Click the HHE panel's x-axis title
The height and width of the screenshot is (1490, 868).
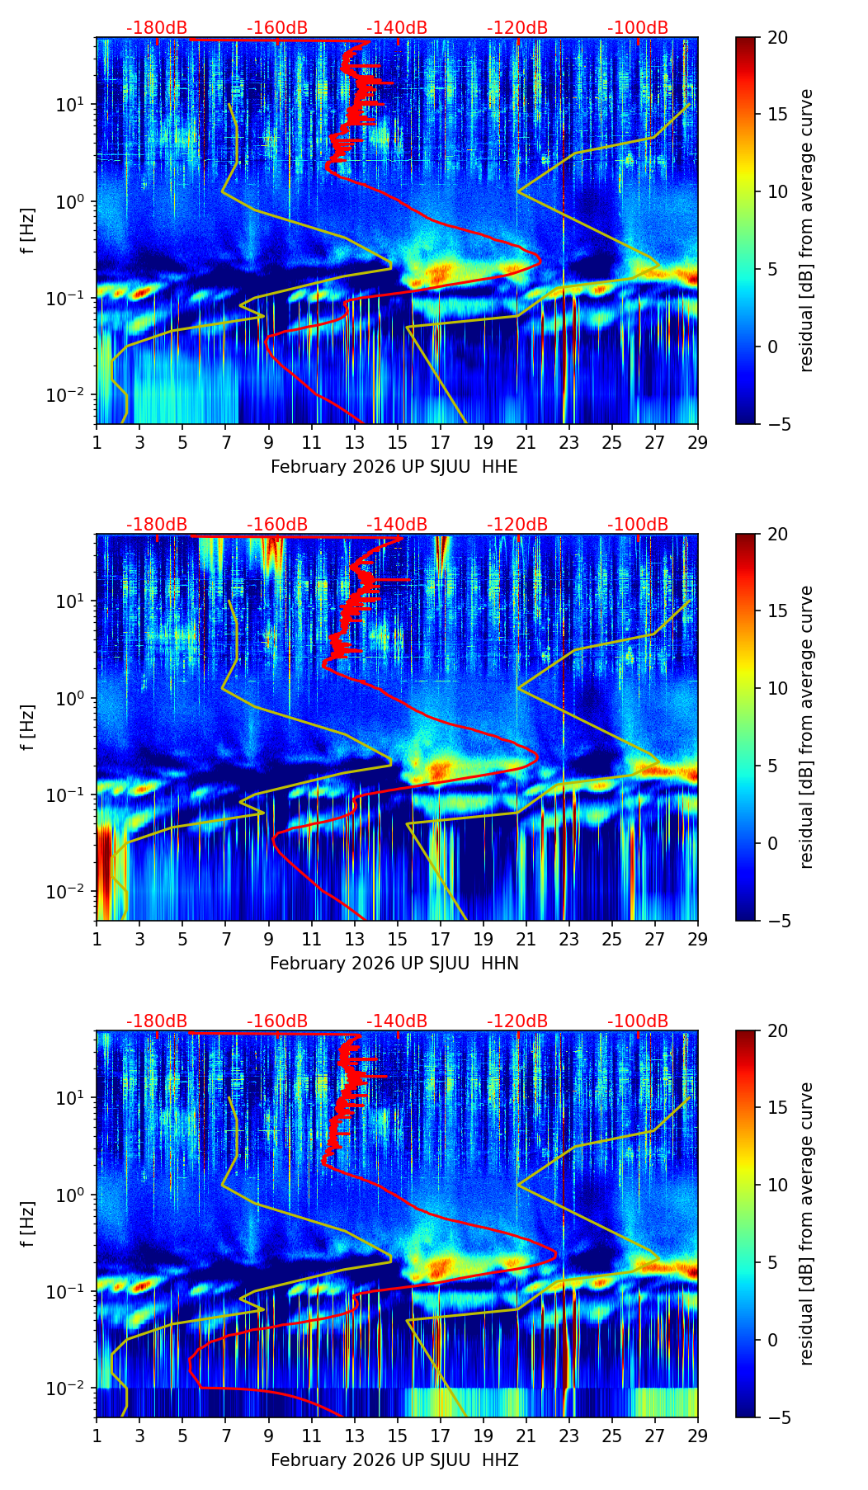click(x=394, y=467)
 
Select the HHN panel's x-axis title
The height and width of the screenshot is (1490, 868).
click(x=394, y=964)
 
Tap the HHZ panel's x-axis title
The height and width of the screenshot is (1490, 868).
click(x=394, y=1460)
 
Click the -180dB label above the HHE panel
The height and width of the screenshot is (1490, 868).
click(x=157, y=28)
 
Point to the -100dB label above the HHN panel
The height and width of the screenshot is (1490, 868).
click(x=638, y=525)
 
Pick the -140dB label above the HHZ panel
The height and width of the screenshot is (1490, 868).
click(x=397, y=1021)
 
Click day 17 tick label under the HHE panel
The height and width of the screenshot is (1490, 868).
click(x=441, y=442)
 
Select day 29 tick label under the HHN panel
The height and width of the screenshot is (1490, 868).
click(x=698, y=939)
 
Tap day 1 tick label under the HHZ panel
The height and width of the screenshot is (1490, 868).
click(x=97, y=1436)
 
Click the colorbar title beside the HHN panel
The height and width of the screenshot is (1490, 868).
click(x=807, y=727)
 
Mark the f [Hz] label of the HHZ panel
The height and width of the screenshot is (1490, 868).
click(x=28, y=1224)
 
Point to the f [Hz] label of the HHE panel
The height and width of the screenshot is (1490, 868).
click(x=28, y=230)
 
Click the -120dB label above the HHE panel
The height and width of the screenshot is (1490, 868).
click(x=517, y=28)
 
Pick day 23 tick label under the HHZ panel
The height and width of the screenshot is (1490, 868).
click(x=569, y=1436)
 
